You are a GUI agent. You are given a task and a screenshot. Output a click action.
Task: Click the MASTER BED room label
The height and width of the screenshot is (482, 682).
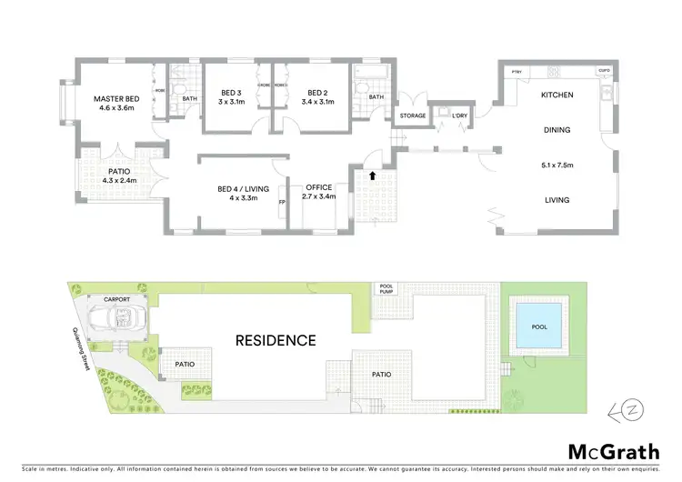(x=115, y=98)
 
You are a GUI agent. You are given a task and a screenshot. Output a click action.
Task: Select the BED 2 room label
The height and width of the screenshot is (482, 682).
(x=316, y=93)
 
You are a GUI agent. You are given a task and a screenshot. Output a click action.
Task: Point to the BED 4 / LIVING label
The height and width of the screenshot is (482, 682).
(x=238, y=188)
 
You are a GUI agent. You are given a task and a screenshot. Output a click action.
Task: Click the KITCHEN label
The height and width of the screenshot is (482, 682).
(x=557, y=95)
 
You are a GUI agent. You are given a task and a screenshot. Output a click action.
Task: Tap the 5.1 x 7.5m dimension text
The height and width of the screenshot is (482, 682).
(x=557, y=166)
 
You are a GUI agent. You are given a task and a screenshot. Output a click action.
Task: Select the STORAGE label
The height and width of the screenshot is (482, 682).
(x=413, y=116)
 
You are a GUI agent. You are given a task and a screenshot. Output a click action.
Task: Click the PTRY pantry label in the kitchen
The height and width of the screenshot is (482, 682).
(x=516, y=70)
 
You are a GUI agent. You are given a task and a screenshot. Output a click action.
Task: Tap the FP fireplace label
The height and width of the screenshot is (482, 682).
(x=282, y=201)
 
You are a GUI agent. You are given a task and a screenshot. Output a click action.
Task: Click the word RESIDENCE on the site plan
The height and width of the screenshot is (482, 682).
(x=276, y=341)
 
